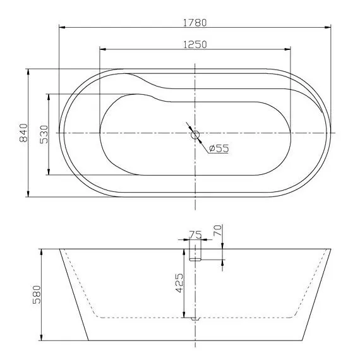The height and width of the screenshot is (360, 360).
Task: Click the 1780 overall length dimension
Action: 195,21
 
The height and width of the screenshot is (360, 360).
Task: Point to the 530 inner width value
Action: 44,135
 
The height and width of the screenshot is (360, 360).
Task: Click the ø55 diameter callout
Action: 218,148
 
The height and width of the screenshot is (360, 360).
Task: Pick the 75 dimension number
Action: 196,235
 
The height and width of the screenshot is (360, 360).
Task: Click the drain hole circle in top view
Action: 195,134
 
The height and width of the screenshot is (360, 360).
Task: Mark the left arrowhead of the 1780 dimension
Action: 61,27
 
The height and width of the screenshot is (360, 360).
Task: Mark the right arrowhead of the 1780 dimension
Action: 330,27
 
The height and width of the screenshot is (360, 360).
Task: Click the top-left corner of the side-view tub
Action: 60,249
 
